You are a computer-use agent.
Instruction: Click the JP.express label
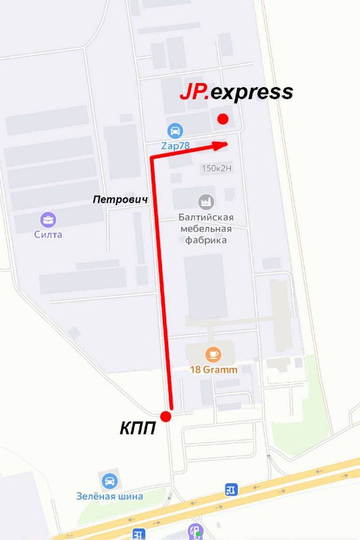coord(236,92)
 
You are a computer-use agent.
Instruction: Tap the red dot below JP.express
coord(223,119)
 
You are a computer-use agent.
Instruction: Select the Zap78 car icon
coord(174,130)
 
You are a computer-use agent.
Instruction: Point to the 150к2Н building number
coord(216,168)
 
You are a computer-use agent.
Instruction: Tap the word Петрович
coord(120,200)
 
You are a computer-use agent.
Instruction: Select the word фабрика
coord(206,240)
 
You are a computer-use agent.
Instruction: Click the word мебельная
coord(206,228)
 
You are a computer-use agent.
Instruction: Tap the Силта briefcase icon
coord(48,219)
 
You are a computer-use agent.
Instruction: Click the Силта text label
coord(48,234)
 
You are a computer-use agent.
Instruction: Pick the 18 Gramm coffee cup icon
coord(213,354)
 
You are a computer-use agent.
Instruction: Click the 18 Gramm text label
coord(213,369)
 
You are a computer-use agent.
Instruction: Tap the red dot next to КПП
coord(165,416)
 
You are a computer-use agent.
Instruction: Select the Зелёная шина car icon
coord(109,481)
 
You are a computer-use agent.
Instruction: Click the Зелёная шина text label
coord(109,496)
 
